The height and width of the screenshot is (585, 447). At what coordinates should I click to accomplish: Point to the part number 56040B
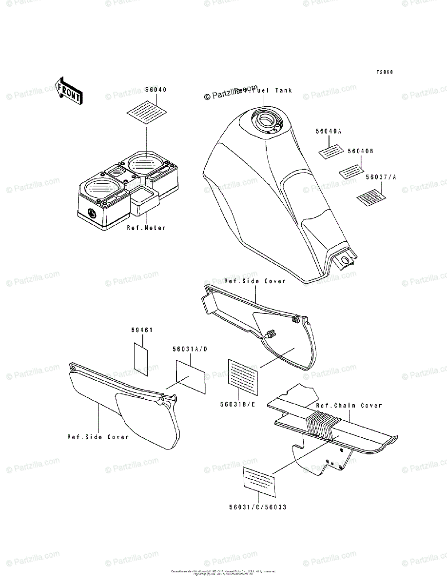click(360, 151)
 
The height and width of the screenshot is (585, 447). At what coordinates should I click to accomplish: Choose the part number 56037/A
click(381, 177)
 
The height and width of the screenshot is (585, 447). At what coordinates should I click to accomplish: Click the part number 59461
click(142, 330)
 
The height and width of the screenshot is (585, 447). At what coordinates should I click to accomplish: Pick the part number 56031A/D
click(189, 350)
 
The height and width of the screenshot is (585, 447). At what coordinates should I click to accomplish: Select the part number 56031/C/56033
click(257, 507)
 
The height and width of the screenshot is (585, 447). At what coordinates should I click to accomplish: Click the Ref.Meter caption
click(146, 228)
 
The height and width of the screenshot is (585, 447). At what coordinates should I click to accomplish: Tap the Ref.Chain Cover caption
click(349, 406)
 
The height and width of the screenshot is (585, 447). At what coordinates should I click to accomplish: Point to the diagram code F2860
click(384, 73)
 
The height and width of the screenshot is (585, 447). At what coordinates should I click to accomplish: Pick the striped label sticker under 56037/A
click(371, 197)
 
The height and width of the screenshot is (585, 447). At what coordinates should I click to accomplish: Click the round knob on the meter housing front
click(91, 213)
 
